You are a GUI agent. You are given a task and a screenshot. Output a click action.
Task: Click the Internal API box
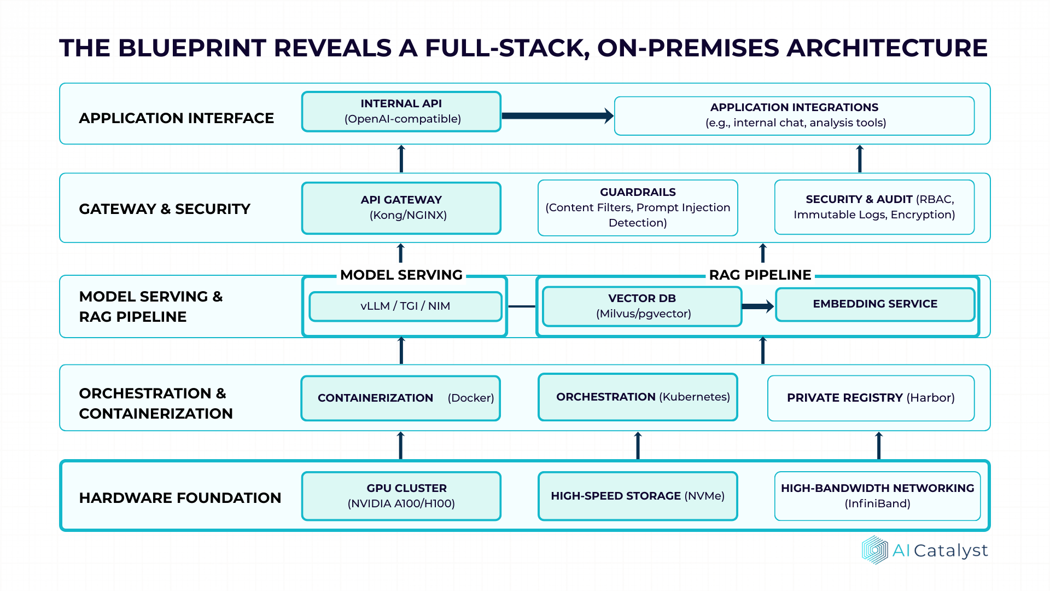[x=401, y=112]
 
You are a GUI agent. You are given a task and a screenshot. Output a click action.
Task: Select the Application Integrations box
[x=794, y=115]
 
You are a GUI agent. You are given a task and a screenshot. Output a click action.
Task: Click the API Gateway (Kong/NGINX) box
[x=401, y=208]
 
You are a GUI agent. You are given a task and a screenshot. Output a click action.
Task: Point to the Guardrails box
[x=638, y=208]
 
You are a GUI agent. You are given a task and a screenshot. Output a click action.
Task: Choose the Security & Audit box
[x=874, y=207]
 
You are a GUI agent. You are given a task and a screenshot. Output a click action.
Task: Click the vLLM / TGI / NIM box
[x=405, y=306]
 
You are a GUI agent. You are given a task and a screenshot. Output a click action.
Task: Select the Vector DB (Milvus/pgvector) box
[x=642, y=306]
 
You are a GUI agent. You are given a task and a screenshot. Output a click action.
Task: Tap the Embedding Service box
[x=875, y=304]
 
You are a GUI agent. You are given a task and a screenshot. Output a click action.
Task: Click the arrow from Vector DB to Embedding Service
[x=757, y=306]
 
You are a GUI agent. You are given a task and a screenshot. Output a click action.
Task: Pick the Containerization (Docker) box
[x=401, y=398]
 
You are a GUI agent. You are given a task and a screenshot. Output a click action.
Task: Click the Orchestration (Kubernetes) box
[x=638, y=397]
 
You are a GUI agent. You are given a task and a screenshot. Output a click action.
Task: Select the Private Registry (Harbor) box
[x=871, y=398]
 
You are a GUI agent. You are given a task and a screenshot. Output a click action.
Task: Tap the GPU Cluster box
[x=401, y=496]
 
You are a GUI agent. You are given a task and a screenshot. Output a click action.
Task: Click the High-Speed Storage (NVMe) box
[x=638, y=496]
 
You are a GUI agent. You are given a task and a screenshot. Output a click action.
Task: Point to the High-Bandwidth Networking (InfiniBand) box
[x=877, y=496]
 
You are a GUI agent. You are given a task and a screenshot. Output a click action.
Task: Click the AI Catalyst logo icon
[x=874, y=550]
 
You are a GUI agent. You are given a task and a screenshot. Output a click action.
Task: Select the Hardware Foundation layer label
[x=180, y=498]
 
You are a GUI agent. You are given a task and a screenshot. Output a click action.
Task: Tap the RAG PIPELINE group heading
[x=760, y=275]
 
